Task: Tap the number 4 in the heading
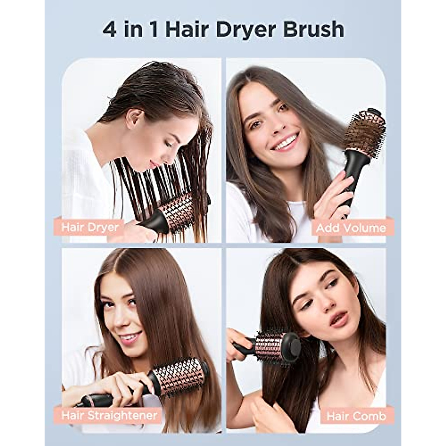point(110,30)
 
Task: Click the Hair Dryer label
point(90,227)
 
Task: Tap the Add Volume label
point(351,228)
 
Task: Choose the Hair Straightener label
point(109,415)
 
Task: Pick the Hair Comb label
point(356,416)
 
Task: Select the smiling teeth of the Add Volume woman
point(287,142)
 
